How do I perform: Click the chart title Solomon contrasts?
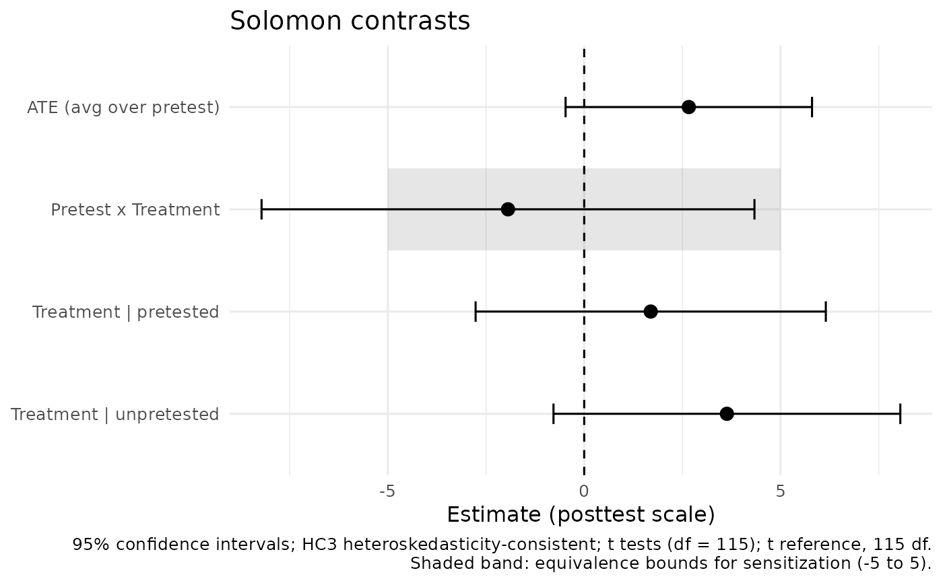coord(350,21)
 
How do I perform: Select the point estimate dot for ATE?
coord(688,107)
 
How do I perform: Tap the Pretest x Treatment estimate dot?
coord(508,209)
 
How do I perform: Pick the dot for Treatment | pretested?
coord(651,312)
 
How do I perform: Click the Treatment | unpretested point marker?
coord(727,414)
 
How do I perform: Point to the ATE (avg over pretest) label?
coord(123,108)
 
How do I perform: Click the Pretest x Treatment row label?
coord(135,209)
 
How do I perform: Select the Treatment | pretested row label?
coord(125,312)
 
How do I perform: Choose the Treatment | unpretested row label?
coord(115,414)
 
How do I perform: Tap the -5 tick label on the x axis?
coord(387,491)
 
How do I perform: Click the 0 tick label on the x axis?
coord(583,491)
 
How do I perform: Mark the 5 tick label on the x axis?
coord(781,491)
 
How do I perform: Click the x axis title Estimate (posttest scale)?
coord(581,514)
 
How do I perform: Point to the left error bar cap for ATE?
coord(565,107)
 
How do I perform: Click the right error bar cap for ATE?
coord(812,107)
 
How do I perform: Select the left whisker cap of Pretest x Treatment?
coord(261,209)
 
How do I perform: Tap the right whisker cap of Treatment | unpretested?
coord(900,414)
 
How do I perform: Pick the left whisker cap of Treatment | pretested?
coord(476,312)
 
